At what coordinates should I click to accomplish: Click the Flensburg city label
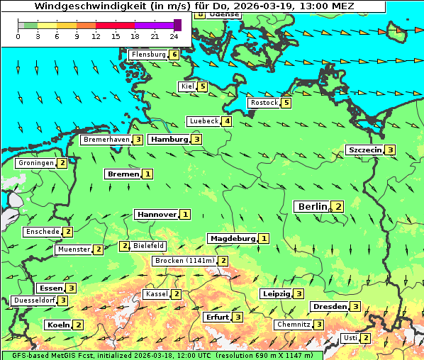pyautogui.click(x=148, y=55)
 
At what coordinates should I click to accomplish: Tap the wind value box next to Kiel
pyautogui.click(x=203, y=87)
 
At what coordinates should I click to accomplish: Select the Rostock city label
pyautogui.click(x=264, y=103)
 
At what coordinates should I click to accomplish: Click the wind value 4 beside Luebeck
pyautogui.click(x=227, y=121)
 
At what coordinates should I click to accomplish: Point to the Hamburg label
pyautogui.click(x=169, y=140)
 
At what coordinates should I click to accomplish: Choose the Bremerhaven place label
pyautogui.click(x=106, y=140)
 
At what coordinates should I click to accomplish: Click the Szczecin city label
pyautogui.click(x=364, y=150)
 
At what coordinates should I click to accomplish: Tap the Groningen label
pyautogui.click(x=35, y=163)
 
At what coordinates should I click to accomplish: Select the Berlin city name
pyautogui.click(x=312, y=206)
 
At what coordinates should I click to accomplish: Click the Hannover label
pyautogui.click(x=156, y=214)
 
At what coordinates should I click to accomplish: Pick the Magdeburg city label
pyautogui.click(x=232, y=238)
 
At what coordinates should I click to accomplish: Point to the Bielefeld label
pyautogui.click(x=148, y=246)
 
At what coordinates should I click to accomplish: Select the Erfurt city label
pyautogui.click(x=217, y=317)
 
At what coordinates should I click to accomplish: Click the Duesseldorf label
pyautogui.click(x=34, y=300)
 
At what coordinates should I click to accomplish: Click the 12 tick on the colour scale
pyautogui.click(x=96, y=36)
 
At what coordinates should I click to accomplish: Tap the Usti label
pyautogui.click(x=350, y=338)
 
